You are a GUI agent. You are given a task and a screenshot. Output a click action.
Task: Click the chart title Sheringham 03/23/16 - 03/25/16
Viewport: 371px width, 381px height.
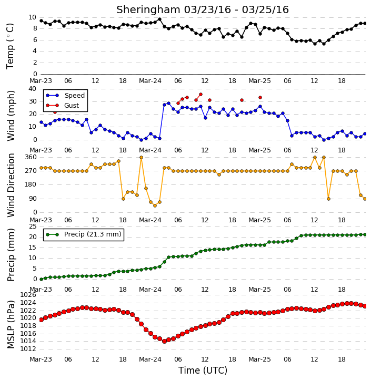(203, 9)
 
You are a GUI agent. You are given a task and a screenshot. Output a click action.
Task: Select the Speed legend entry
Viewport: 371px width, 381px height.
(65, 95)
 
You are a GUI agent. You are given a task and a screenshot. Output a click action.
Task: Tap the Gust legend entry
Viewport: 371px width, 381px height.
(62, 106)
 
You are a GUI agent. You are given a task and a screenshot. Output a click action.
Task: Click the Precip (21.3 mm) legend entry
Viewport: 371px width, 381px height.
(84, 234)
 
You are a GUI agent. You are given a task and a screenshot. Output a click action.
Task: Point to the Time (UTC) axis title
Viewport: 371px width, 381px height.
(203, 370)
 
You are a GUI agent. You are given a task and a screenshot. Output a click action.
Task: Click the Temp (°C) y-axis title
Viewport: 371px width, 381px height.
(10, 46)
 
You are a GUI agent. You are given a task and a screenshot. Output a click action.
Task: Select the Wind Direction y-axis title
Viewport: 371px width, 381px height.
(11, 185)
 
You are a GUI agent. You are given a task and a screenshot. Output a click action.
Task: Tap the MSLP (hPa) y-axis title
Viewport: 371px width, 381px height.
(11, 324)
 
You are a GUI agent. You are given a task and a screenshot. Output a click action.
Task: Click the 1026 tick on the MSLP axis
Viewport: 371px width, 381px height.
(28, 295)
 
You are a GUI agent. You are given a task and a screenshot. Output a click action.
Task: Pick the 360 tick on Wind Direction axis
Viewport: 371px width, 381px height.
(31, 157)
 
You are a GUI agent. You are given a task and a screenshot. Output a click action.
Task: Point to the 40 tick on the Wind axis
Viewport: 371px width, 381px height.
(32, 89)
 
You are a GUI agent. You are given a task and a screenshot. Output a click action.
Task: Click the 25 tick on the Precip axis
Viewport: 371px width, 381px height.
(33, 226)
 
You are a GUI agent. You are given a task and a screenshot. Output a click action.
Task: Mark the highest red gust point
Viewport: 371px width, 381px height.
(200, 94)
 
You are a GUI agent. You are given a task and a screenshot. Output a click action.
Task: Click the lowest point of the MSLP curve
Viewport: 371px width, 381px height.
(164, 341)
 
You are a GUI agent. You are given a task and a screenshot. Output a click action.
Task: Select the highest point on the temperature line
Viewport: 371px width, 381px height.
(159, 19)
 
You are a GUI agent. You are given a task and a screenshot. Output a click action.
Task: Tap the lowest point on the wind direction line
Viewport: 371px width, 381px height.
(155, 205)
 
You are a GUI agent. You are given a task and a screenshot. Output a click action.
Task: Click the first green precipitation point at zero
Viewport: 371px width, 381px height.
(41, 279)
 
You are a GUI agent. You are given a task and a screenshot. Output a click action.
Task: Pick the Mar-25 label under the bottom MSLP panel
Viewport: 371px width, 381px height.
(259, 359)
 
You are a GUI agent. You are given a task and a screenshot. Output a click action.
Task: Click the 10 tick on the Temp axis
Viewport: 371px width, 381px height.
(32, 17)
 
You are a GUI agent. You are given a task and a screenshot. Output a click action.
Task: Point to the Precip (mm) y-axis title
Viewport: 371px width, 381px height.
(11, 255)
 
